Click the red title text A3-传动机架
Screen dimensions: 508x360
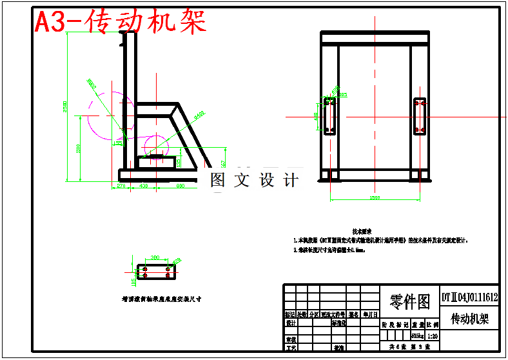point(121,22)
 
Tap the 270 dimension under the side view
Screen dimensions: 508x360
point(119,186)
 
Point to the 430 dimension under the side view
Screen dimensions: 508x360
point(143,186)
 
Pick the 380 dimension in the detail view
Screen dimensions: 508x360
point(155,257)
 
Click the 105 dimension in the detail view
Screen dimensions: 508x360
point(133,281)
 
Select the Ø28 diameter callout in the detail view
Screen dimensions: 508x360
point(177,261)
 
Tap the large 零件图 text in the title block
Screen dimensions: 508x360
point(410,301)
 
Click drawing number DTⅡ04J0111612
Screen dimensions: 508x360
point(469,297)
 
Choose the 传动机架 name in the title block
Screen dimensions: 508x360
point(469,319)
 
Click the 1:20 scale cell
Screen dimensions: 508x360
point(433,336)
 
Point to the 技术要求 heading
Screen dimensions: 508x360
point(361,230)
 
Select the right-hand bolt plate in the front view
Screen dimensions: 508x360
point(420,116)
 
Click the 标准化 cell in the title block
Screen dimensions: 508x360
point(339,323)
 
